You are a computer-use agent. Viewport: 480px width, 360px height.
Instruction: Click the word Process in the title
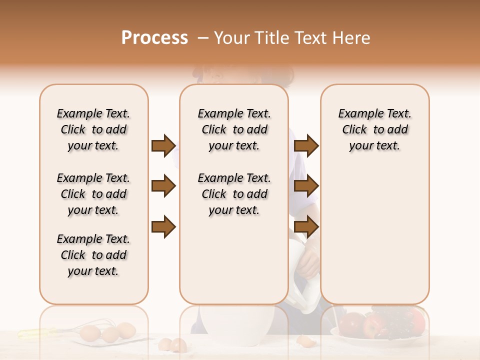click(154, 38)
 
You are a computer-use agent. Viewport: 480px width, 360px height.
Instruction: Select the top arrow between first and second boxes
click(163, 145)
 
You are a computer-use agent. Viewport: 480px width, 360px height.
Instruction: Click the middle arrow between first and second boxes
click(163, 186)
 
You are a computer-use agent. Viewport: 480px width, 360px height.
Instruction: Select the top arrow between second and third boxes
click(306, 145)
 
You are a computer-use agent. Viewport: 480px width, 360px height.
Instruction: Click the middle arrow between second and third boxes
click(306, 186)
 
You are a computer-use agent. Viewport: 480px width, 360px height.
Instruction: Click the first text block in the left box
click(93, 129)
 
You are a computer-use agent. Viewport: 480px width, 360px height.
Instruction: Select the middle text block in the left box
click(93, 194)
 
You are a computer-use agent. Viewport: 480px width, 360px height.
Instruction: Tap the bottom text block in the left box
click(93, 255)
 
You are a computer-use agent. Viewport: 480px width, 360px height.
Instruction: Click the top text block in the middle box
click(234, 129)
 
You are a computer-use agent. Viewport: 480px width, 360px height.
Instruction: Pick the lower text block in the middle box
click(234, 194)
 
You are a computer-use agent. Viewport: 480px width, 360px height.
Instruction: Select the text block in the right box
click(374, 129)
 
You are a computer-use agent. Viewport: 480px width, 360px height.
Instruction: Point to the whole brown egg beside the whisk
click(90, 332)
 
